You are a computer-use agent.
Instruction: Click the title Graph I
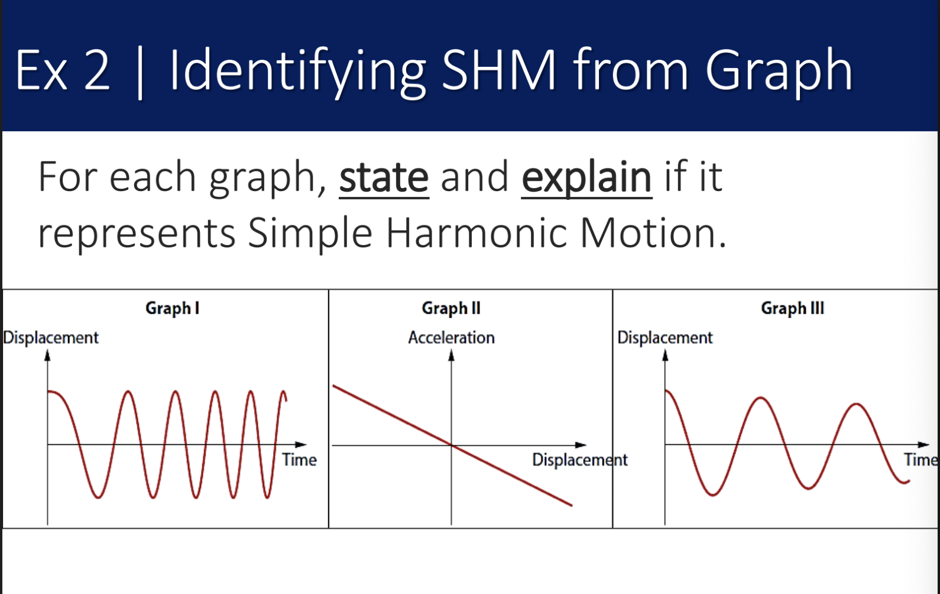(x=172, y=309)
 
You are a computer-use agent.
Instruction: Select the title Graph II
(x=451, y=309)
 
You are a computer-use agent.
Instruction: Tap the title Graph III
(x=793, y=309)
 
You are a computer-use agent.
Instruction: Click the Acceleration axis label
(x=452, y=338)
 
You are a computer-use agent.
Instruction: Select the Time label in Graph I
(x=299, y=460)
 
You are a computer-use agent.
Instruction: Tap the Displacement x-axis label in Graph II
(x=580, y=460)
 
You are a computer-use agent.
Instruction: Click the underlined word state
(x=384, y=178)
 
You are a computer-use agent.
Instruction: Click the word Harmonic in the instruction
(x=477, y=233)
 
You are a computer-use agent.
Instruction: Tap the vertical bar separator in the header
(x=140, y=72)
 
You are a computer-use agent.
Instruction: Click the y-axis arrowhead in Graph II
(x=452, y=356)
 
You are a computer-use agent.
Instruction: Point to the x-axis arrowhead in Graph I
(x=301, y=444)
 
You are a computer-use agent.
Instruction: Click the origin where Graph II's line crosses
(x=452, y=445)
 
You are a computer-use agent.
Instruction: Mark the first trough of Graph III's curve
(x=712, y=495)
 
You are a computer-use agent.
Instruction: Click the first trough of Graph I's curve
(x=98, y=498)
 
